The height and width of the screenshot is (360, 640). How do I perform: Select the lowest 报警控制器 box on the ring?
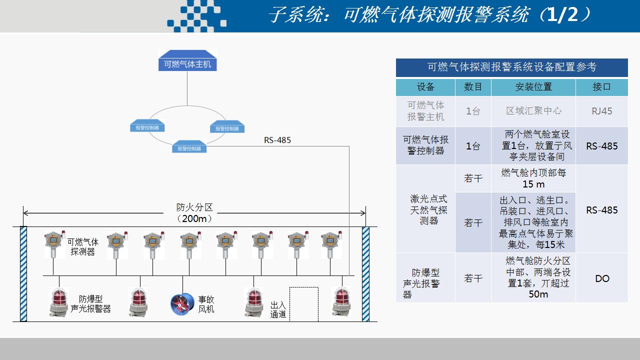pyautogui.click(x=189, y=147)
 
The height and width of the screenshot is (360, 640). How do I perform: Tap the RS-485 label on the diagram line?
pyautogui.click(x=277, y=140)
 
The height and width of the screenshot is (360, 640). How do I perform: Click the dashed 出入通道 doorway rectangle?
pyautogui.click(x=303, y=304)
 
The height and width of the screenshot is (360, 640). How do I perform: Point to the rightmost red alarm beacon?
pyautogui.click(x=342, y=301)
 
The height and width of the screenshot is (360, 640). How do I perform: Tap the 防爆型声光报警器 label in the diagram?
pyautogui.click(x=90, y=303)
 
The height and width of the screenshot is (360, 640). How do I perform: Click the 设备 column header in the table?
pyautogui.click(x=425, y=87)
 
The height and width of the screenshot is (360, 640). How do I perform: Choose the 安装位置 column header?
pyautogui.click(x=533, y=87)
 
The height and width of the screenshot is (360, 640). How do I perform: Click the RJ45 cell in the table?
pyautogui.click(x=601, y=111)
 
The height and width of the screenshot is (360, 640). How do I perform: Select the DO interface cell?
pyautogui.click(x=602, y=278)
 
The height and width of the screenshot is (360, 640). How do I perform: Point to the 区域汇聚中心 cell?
pyautogui.click(x=533, y=111)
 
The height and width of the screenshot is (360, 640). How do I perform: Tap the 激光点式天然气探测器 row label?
pyautogui.click(x=428, y=209)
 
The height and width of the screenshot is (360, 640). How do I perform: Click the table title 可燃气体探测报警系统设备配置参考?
pyautogui.click(x=511, y=67)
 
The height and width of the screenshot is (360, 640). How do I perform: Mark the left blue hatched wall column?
pyautogui.click(x=23, y=274)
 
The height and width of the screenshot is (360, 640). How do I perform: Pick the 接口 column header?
pyautogui.click(x=601, y=87)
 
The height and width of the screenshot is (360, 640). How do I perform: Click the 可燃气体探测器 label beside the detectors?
pyautogui.click(x=83, y=247)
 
